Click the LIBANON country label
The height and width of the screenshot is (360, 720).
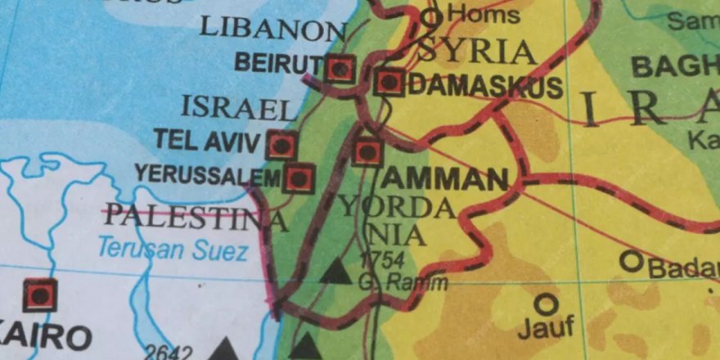click(272, 29)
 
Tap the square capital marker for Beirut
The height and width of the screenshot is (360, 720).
click(340, 69)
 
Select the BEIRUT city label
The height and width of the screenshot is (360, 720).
click(277, 62)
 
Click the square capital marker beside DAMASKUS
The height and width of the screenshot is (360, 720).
click(389, 82)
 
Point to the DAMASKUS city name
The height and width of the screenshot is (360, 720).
click(484, 87)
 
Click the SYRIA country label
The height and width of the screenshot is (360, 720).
click(478, 52)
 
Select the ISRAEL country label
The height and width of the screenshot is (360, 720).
click(236, 107)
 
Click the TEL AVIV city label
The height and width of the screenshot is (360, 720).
click(208, 140)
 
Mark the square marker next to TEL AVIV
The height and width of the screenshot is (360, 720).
click(281, 146)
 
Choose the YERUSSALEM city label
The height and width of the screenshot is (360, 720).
click(208, 173)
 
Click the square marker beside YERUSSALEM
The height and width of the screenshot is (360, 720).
click(299, 177)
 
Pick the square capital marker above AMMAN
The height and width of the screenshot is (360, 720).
click(367, 151)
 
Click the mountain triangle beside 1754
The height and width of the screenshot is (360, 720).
click(335, 272)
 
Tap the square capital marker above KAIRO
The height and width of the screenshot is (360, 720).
click(39, 295)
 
